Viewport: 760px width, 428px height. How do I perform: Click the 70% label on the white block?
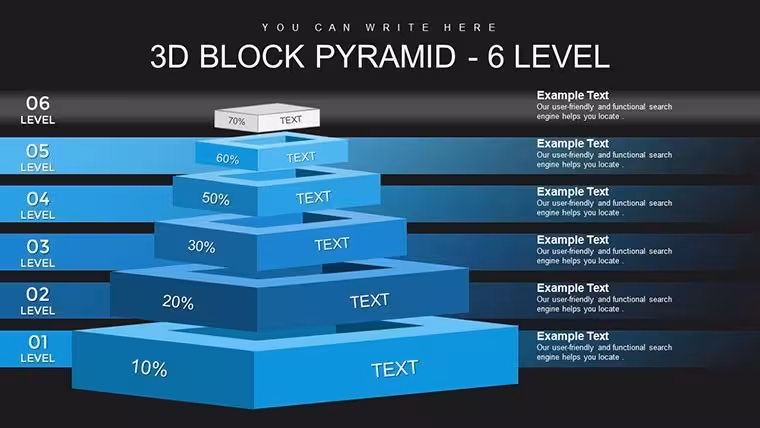pyautogui.click(x=237, y=121)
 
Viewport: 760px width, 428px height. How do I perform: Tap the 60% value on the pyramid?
pyautogui.click(x=227, y=159)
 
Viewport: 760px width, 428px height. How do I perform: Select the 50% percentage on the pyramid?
pyautogui.click(x=216, y=198)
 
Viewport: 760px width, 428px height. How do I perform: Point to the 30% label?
pyautogui.click(x=202, y=246)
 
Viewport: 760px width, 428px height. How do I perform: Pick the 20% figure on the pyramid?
pyautogui.click(x=178, y=302)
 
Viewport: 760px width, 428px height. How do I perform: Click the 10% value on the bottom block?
pyautogui.click(x=149, y=368)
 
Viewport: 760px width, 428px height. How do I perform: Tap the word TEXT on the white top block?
pyautogui.click(x=290, y=120)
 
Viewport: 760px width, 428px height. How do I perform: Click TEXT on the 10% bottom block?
pyautogui.click(x=395, y=369)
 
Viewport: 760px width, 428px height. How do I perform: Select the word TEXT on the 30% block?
pyautogui.click(x=332, y=244)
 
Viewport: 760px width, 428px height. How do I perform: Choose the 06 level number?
pyautogui.click(x=38, y=103)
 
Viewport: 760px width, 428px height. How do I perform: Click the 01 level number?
pyautogui.click(x=38, y=342)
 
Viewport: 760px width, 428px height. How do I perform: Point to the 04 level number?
pyautogui.click(x=38, y=198)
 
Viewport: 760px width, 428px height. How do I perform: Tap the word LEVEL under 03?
pyautogui.click(x=38, y=263)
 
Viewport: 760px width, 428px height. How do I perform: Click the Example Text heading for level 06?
pyautogui.click(x=572, y=95)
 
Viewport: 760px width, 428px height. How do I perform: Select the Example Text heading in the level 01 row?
pyautogui.click(x=572, y=336)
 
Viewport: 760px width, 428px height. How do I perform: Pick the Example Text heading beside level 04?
pyautogui.click(x=572, y=191)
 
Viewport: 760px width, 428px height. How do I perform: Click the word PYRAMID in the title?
pyautogui.click(x=386, y=56)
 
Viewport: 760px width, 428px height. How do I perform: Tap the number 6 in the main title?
pyautogui.click(x=496, y=56)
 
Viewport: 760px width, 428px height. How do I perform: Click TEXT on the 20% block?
pyautogui.click(x=369, y=301)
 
